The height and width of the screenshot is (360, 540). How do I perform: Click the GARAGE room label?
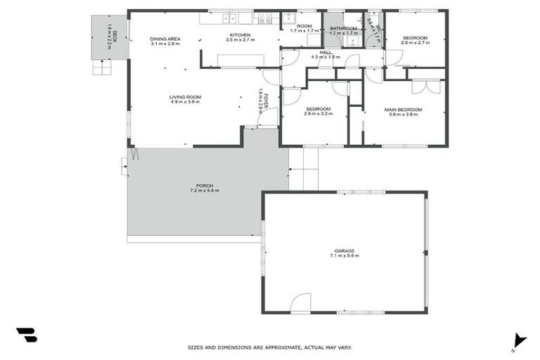[x=345, y=250]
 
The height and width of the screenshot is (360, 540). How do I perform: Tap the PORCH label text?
[x=205, y=186]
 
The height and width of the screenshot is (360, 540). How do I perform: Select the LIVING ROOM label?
[x=186, y=97]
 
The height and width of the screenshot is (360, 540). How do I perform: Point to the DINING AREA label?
[x=165, y=39]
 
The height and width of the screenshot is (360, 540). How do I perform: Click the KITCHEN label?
[x=240, y=35]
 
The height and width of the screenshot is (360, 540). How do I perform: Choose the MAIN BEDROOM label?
[x=403, y=110]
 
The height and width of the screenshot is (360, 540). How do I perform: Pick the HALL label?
[x=326, y=52]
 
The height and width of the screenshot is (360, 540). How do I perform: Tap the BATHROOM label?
[x=344, y=28]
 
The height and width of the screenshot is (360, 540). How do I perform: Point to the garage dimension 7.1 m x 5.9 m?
[x=345, y=256]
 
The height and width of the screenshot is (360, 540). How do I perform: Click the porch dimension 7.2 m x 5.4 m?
[x=205, y=191]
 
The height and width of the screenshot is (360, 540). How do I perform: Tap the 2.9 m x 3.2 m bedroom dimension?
[x=318, y=114]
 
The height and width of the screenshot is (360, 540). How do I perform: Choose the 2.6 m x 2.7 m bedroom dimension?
[x=415, y=42]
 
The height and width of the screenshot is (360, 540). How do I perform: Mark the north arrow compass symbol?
[x=519, y=340]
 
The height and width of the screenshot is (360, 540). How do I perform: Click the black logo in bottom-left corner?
[x=26, y=335]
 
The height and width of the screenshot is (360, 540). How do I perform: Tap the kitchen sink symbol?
[x=229, y=18]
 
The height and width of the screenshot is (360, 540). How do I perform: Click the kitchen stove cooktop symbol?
[x=264, y=18]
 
